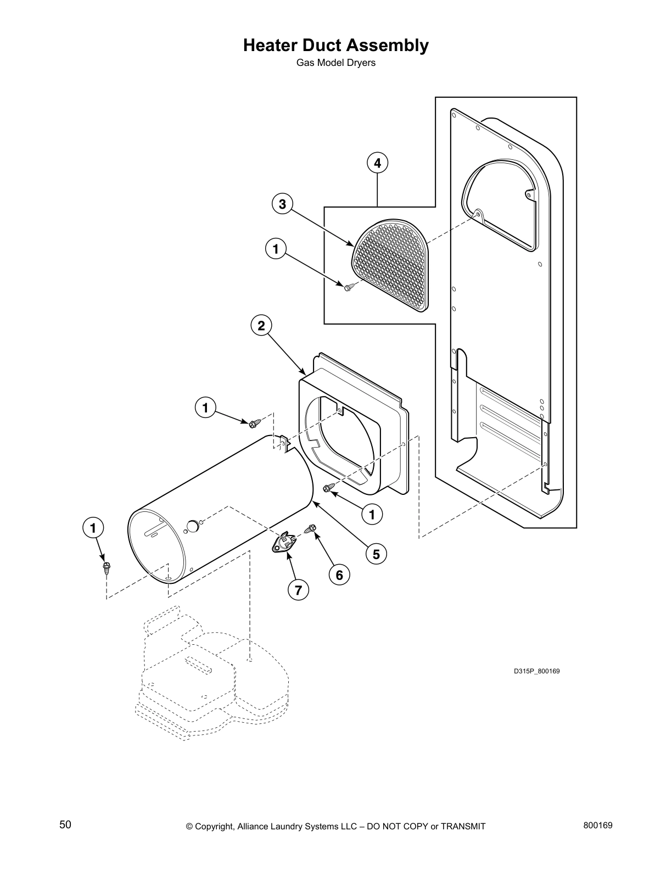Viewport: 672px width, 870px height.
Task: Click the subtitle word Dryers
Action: [x=361, y=63]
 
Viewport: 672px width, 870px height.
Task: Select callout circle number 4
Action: [x=377, y=163]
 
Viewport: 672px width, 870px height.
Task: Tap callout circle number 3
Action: [x=282, y=205]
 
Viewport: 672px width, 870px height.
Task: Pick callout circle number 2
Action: [x=261, y=326]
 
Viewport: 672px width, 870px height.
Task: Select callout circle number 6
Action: [x=339, y=575]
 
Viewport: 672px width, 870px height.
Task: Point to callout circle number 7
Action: [x=298, y=590]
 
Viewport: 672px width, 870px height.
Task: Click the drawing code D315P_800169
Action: [x=536, y=671]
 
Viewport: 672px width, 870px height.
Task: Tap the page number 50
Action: [x=65, y=824]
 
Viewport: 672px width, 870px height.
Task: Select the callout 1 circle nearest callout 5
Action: [x=372, y=514]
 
